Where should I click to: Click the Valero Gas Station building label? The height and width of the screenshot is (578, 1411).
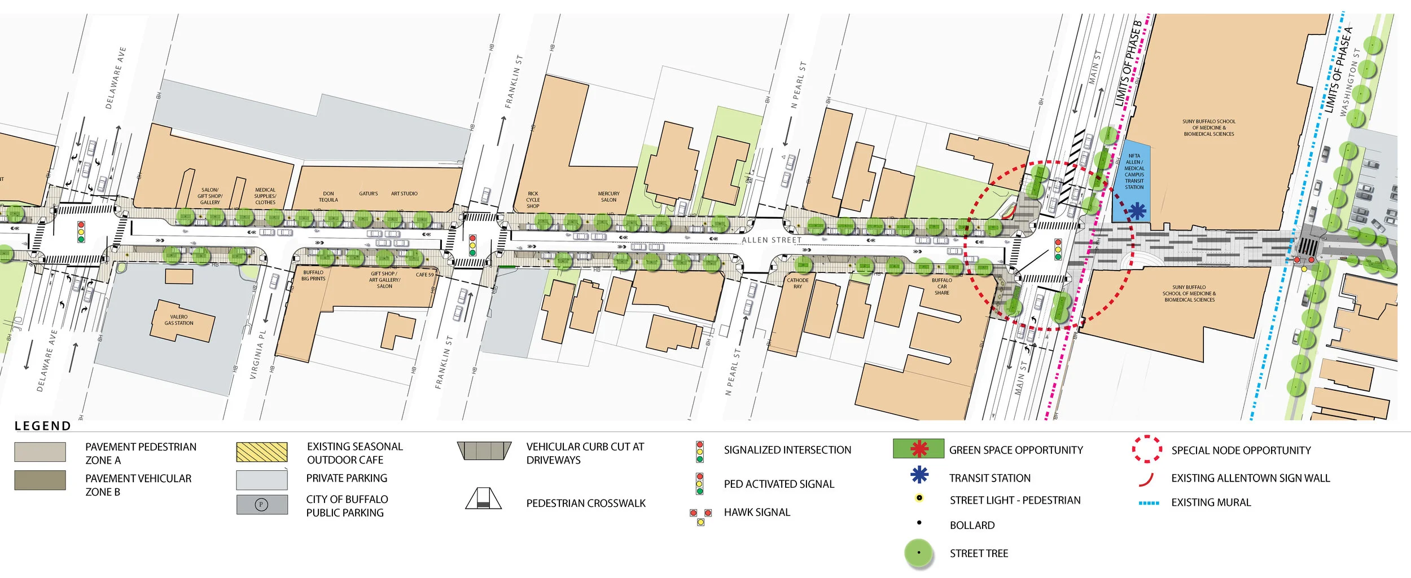pyautogui.click(x=179, y=320)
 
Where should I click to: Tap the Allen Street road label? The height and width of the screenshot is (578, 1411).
pyautogui.click(x=771, y=240)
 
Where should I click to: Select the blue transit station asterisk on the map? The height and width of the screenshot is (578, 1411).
pyautogui.click(x=1137, y=211)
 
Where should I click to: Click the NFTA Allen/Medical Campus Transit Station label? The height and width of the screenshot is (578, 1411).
pyautogui.click(x=1134, y=171)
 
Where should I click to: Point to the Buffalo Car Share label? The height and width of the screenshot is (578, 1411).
pyautogui.click(x=941, y=286)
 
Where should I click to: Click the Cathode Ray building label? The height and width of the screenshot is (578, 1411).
pyautogui.click(x=797, y=283)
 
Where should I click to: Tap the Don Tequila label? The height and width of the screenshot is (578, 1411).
pyautogui.click(x=328, y=197)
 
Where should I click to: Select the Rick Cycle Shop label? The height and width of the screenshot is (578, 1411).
pyautogui.click(x=533, y=200)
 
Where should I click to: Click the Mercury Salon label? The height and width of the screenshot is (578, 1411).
pyautogui.click(x=608, y=197)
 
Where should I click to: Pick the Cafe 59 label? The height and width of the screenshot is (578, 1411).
pyautogui.click(x=424, y=275)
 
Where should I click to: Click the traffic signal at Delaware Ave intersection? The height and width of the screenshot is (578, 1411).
pyautogui.click(x=81, y=232)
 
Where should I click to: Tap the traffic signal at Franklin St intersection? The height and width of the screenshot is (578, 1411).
pyautogui.click(x=472, y=245)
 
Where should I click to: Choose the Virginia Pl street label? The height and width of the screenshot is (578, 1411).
pyautogui.click(x=257, y=354)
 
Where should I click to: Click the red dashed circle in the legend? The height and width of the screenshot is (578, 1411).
pyautogui.click(x=1147, y=449)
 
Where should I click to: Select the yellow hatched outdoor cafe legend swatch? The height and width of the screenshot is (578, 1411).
pyautogui.click(x=262, y=452)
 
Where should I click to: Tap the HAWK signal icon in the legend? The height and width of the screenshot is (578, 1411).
pyautogui.click(x=700, y=516)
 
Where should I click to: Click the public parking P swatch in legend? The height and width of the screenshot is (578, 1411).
pyautogui.click(x=262, y=505)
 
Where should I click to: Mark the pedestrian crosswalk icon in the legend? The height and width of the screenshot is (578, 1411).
pyautogui.click(x=484, y=498)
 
